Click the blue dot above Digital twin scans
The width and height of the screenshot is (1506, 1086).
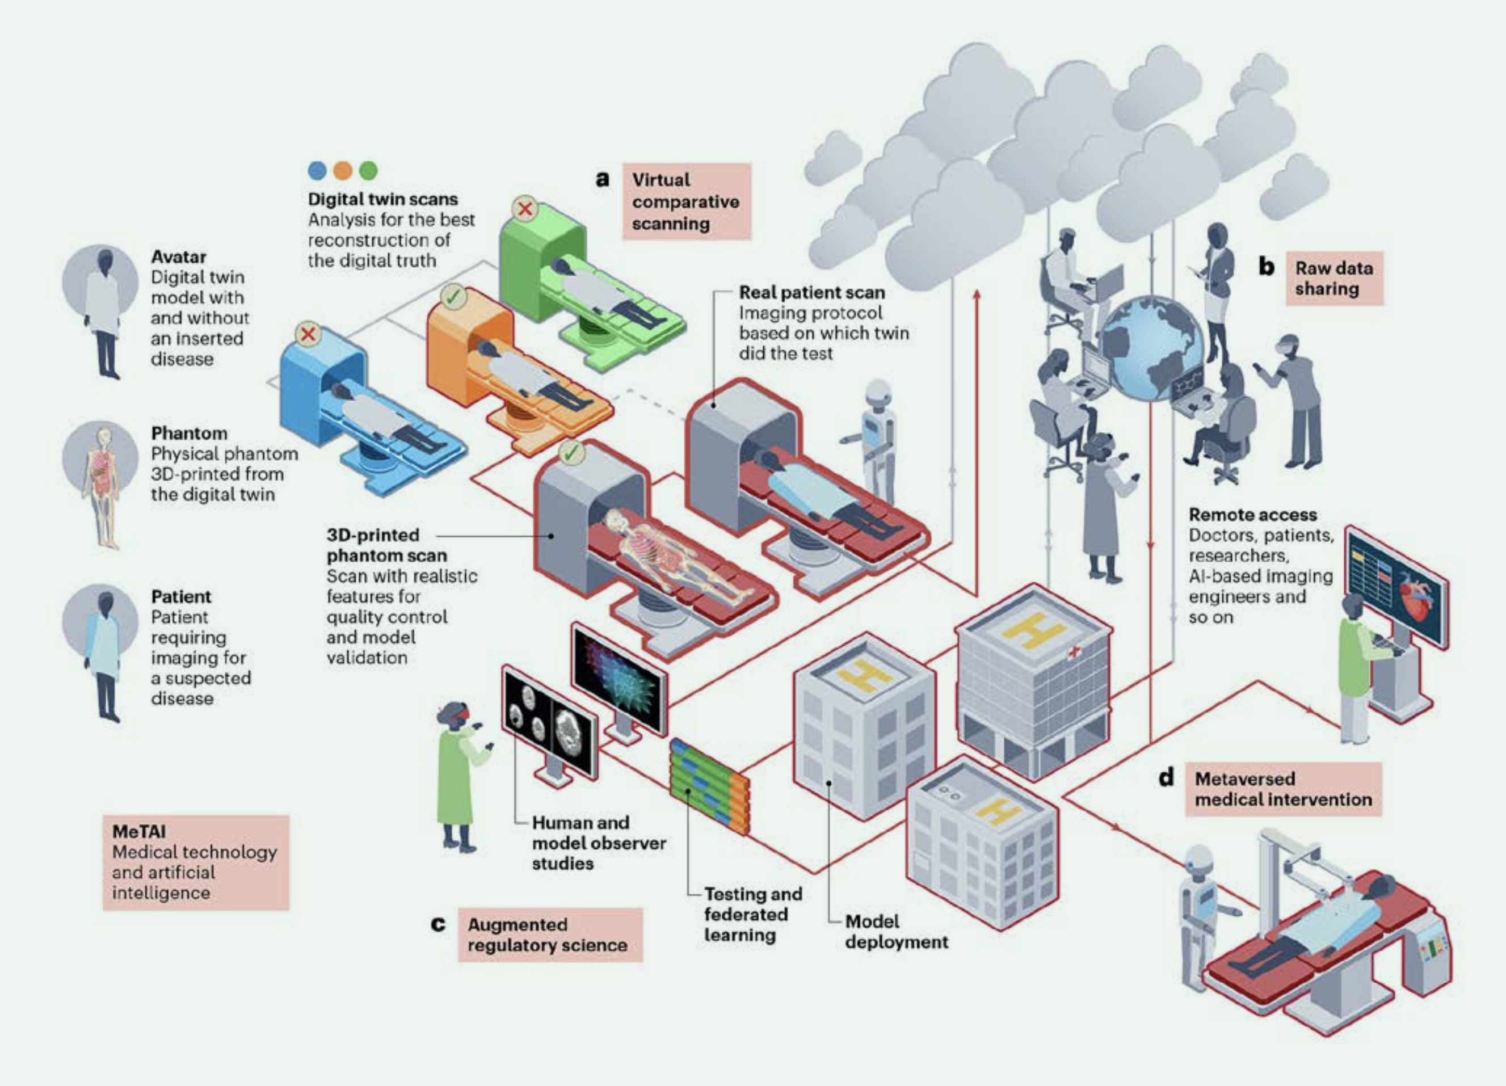[x=317, y=171]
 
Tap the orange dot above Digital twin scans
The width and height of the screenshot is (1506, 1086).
[x=343, y=171]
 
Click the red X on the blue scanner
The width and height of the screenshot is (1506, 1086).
[x=308, y=333]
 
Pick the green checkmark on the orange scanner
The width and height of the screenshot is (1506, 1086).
[x=453, y=297]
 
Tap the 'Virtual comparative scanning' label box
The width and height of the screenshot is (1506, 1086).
[x=687, y=201]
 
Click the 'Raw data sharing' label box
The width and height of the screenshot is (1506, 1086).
[x=1335, y=278]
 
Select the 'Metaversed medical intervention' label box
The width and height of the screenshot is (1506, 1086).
[x=1284, y=789]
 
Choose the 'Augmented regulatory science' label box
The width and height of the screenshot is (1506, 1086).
[x=550, y=935]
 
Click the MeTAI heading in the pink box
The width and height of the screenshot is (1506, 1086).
[x=139, y=831]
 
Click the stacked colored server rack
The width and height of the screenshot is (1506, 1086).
[x=709, y=786]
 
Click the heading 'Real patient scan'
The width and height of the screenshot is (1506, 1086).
[x=812, y=292]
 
